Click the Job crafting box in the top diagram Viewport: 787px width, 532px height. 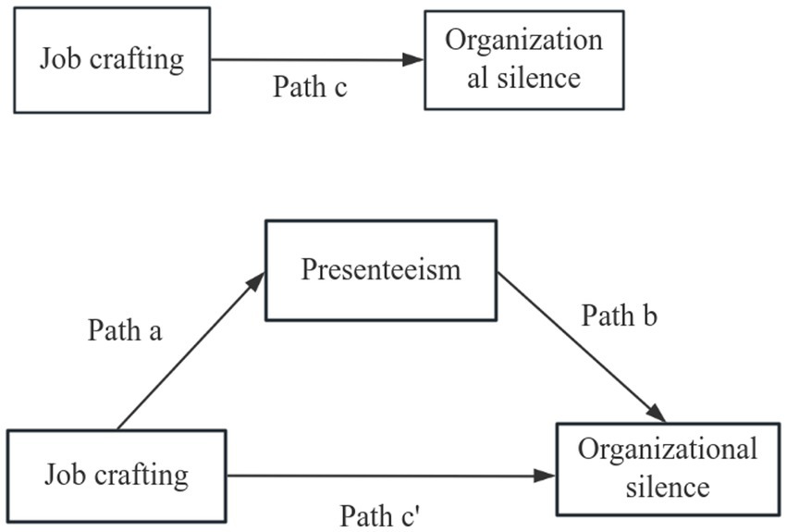112,61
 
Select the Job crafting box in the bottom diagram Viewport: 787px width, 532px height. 116,476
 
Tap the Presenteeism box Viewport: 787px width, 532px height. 380,270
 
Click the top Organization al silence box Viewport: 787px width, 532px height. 523,60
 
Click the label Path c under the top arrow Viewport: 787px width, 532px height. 310,87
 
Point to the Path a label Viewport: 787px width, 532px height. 126,330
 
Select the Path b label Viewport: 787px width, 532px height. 619,315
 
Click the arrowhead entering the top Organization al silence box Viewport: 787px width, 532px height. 414,60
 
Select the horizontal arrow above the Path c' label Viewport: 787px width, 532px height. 388,476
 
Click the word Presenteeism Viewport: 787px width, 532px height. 380,270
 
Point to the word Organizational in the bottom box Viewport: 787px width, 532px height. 667,451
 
